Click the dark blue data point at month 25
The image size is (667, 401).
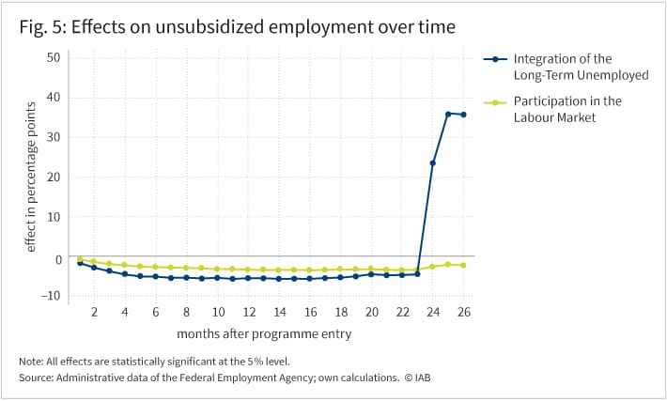pyautogui.click(x=448, y=114)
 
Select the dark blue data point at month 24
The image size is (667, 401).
pyautogui.click(x=433, y=162)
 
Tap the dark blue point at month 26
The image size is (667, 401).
pyautogui.click(x=463, y=115)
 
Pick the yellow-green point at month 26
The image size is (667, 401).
pyautogui.click(x=463, y=266)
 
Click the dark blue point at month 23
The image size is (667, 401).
pyautogui.click(x=417, y=274)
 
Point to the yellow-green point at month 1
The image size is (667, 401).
pyautogui.click(x=80, y=259)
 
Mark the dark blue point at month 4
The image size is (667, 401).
pyautogui.click(x=125, y=274)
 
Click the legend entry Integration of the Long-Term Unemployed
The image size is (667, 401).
pyautogui.click(x=566, y=67)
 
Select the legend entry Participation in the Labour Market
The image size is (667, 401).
pyautogui.click(x=553, y=109)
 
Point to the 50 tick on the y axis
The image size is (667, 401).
pyautogui.click(x=54, y=57)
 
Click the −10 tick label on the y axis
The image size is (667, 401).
pyautogui.click(x=51, y=296)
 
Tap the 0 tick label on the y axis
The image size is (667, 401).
pyautogui.click(x=58, y=259)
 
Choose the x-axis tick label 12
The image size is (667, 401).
pyautogui.click(x=249, y=312)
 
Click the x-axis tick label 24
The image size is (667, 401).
pyautogui.click(x=433, y=312)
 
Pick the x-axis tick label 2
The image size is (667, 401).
pyautogui.click(x=95, y=312)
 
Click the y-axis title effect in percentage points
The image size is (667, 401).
pyautogui.click(x=31, y=177)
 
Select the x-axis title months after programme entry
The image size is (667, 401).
pyautogui.click(x=264, y=333)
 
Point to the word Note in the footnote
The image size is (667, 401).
pyautogui.click(x=30, y=362)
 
